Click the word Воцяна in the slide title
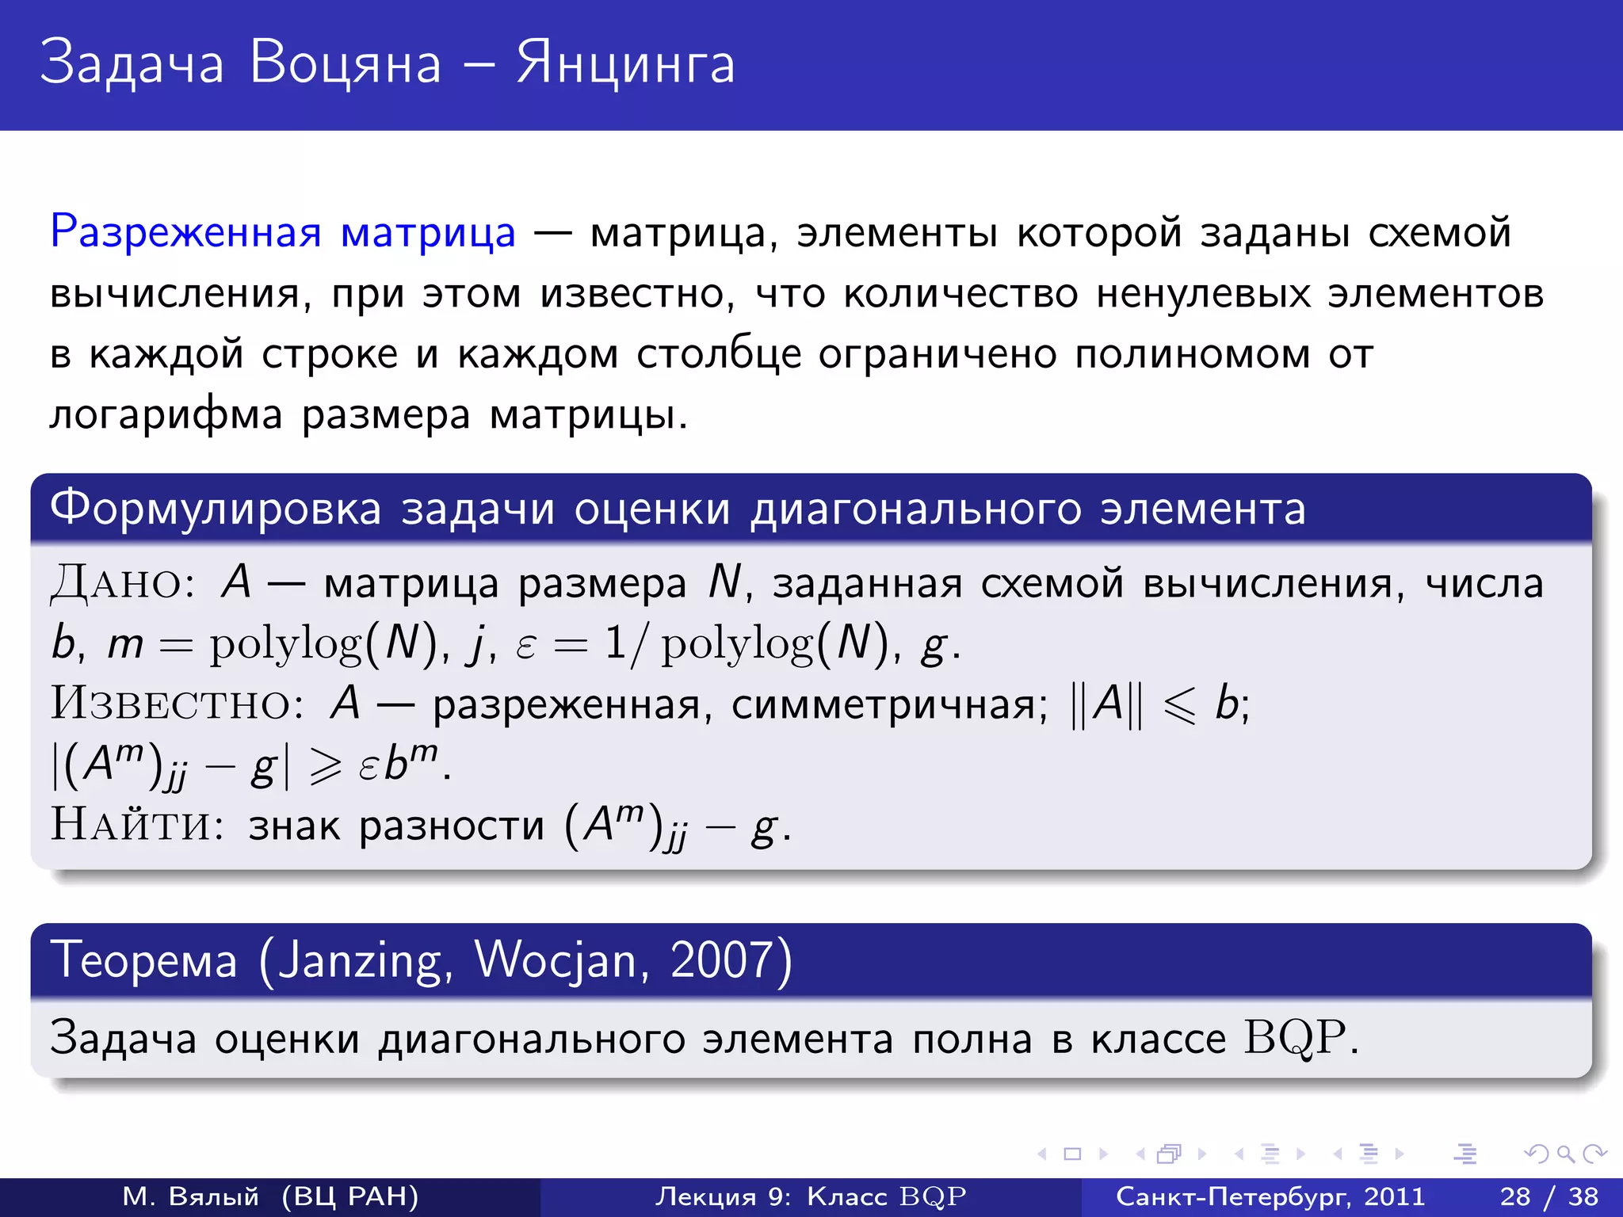click(x=345, y=63)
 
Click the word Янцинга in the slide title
click(x=626, y=63)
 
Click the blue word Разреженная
click(x=185, y=233)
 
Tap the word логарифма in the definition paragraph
click(x=166, y=414)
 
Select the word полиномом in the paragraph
click(x=1192, y=354)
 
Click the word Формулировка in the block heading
click(x=216, y=508)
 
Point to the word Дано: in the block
click(x=123, y=584)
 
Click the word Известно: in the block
click(x=177, y=704)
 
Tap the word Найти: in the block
click(x=137, y=825)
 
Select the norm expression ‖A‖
click(x=1106, y=704)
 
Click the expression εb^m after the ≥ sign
click(x=400, y=765)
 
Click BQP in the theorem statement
click(x=1295, y=1038)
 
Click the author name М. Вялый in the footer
click(x=191, y=1196)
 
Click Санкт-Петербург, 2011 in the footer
click(x=1270, y=1196)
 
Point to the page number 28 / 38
click(x=1549, y=1196)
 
